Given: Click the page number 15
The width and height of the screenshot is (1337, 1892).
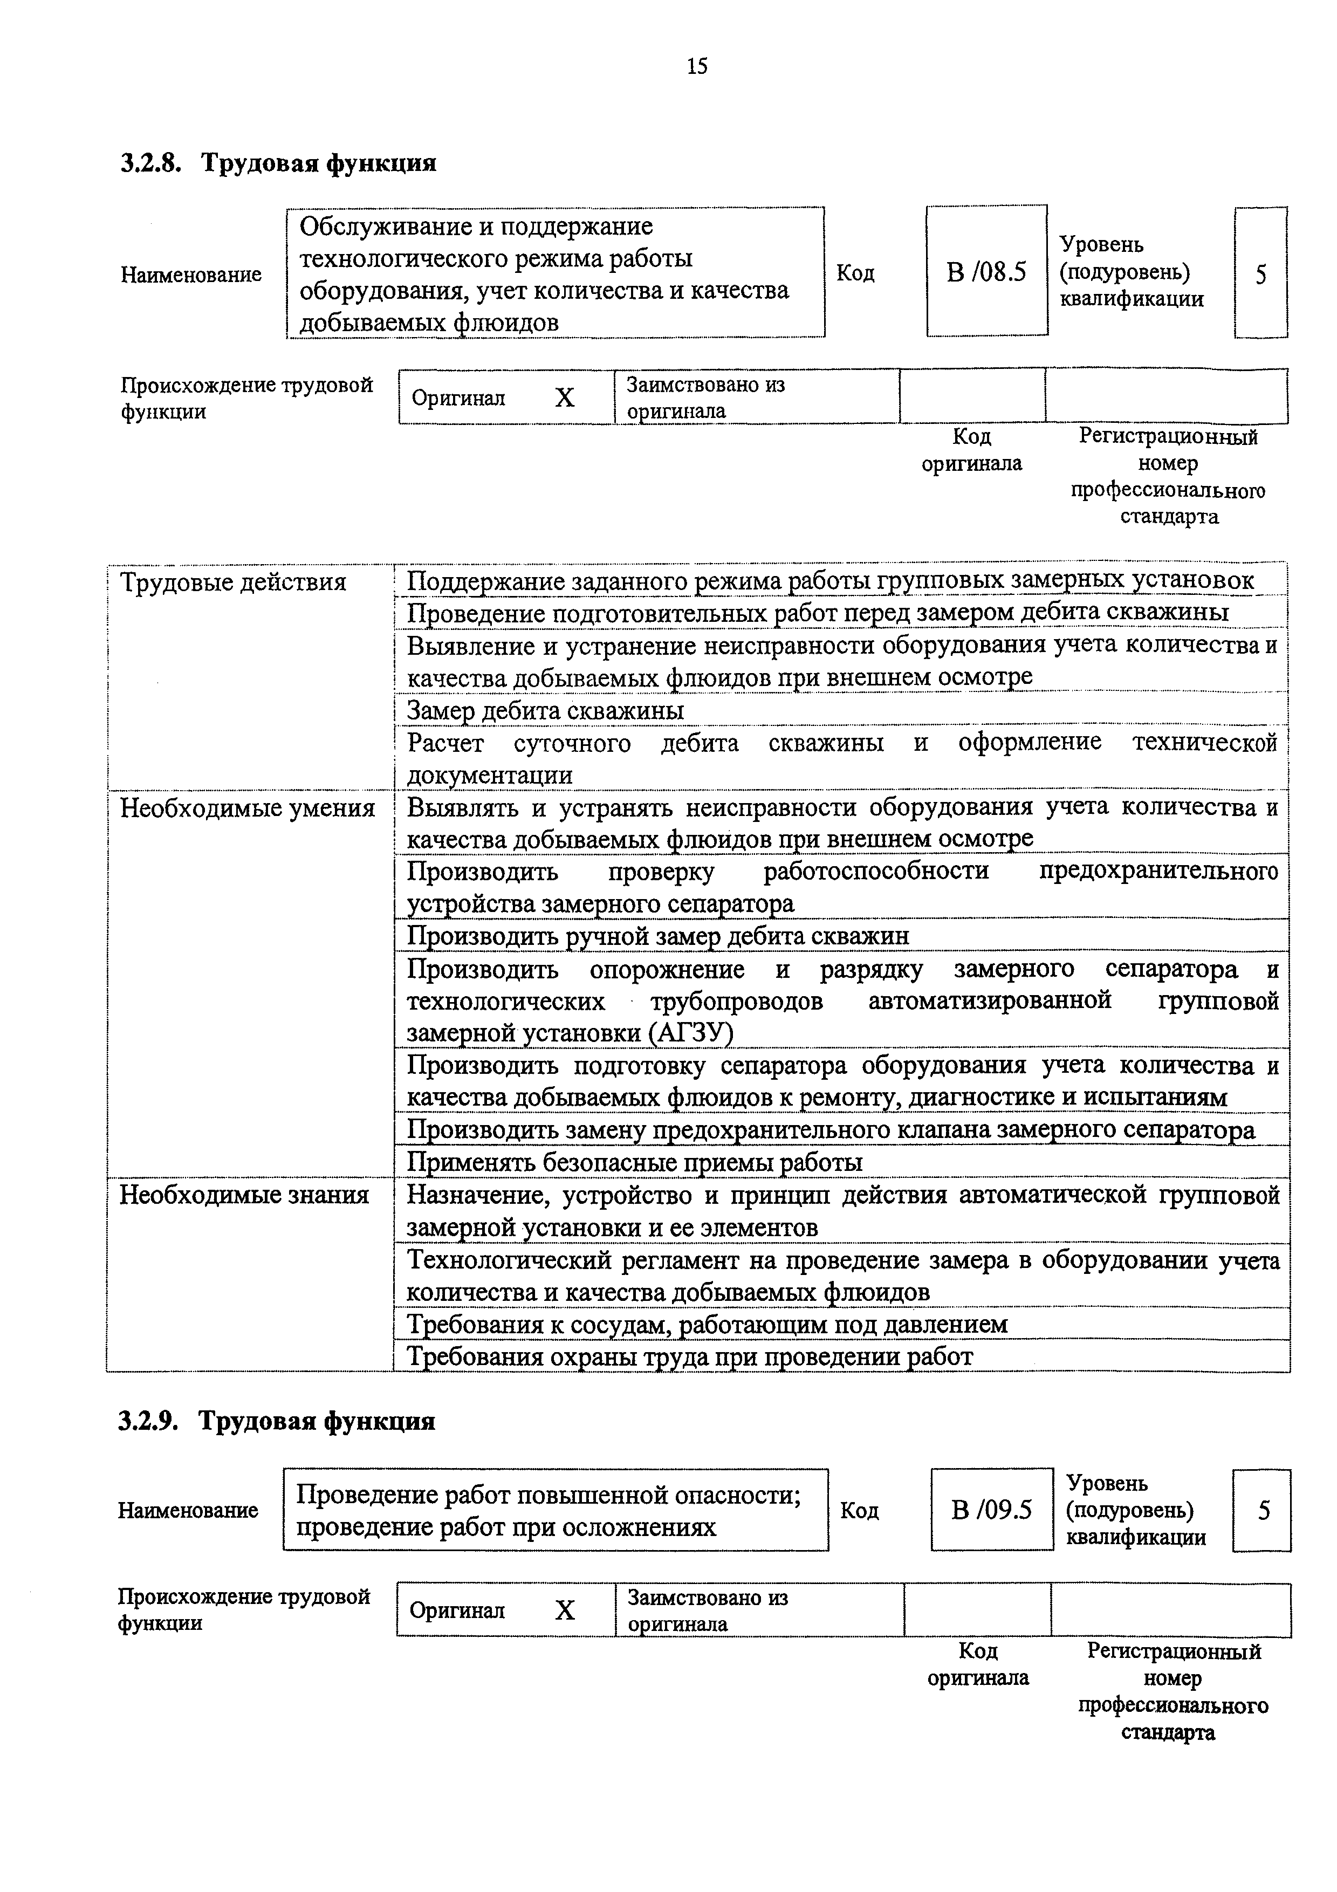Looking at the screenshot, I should [696, 66].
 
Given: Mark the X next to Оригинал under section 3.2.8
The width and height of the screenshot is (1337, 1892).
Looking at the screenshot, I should [564, 399].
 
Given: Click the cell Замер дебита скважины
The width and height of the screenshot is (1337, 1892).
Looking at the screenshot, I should [545, 710].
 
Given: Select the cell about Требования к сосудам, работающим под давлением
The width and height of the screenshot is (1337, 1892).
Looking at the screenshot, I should [708, 1324].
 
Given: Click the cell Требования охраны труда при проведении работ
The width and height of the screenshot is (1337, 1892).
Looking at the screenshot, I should [690, 1356].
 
